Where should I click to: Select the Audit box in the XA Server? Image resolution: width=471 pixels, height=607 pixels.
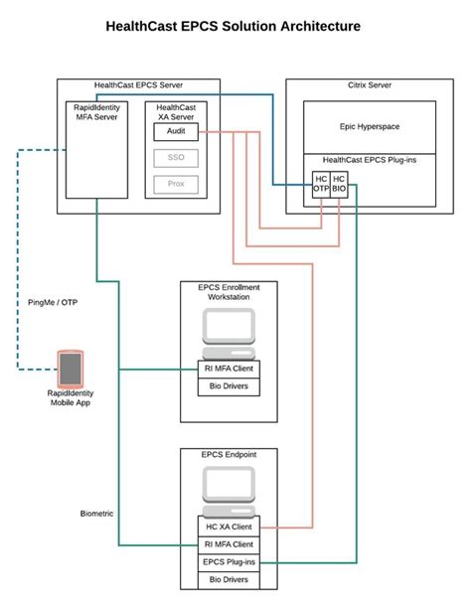coord(175,130)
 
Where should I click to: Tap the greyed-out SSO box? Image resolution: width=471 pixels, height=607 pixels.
coord(175,158)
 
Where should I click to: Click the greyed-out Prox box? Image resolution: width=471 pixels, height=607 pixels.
coord(175,184)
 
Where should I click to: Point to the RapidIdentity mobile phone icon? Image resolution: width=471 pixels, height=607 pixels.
coord(70,368)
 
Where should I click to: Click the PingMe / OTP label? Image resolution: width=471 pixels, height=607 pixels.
coord(53,302)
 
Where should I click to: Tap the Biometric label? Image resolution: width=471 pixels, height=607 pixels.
coord(97,514)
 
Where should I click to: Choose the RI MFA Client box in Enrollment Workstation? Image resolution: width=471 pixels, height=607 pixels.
coord(229,369)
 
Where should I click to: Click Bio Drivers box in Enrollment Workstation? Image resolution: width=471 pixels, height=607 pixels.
coord(229,385)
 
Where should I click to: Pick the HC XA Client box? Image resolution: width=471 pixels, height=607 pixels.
coord(229,528)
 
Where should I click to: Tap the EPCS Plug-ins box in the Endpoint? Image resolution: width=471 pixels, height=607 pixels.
coord(229,561)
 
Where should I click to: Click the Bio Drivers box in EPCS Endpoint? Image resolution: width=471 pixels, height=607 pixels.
coord(229,578)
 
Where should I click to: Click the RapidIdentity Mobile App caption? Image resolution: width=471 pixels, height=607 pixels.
coord(70,397)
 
